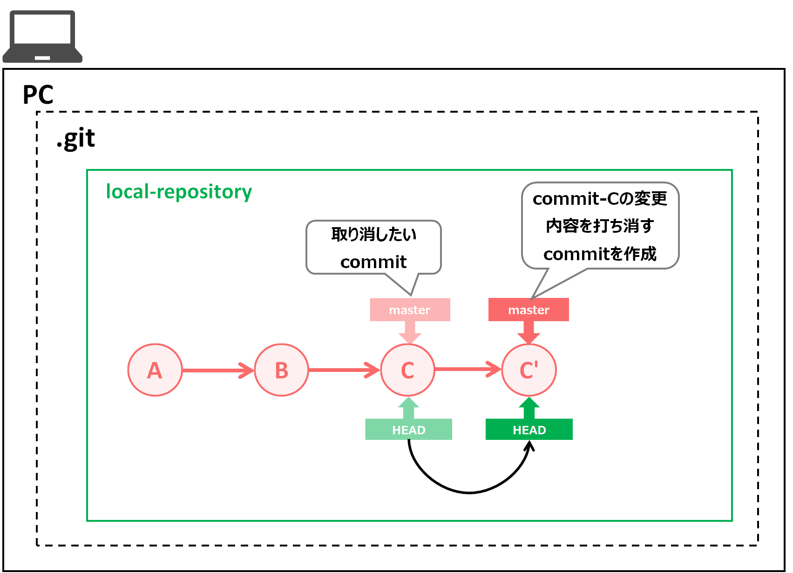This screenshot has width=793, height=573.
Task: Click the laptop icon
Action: (42, 37)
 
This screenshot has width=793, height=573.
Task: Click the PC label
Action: (38, 95)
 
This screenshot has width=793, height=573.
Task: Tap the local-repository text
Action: (179, 191)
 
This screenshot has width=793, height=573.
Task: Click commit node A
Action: (155, 370)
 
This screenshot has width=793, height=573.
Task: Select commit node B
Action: (281, 370)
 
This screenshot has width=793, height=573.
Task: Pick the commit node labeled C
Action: (407, 370)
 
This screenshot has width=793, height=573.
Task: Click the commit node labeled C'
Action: (529, 370)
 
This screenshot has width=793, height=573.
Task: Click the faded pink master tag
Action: (410, 310)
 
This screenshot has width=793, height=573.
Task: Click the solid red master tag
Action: (529, 310)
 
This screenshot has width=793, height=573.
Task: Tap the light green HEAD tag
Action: (408, 430)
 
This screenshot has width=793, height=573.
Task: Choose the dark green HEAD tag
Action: (529, 430)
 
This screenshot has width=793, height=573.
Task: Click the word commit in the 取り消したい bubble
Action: (373, 262)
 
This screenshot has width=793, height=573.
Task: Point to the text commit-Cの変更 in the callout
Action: (600, 199)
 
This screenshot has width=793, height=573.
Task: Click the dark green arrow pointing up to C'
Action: (529, 408)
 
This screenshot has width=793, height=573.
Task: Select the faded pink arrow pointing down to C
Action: (410, 332)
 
